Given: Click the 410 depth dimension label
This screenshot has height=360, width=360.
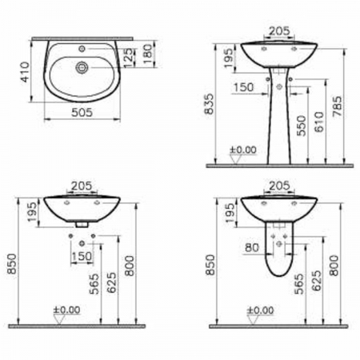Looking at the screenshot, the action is (x=25, y=72).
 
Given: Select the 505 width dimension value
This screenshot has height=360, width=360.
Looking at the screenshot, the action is (x=82, y=112).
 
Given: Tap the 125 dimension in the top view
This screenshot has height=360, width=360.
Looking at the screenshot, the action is (x=128, y=58).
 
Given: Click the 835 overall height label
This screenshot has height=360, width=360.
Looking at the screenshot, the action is (x=210, y=104).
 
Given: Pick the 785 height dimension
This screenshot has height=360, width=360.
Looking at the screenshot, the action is (x=337, y=106).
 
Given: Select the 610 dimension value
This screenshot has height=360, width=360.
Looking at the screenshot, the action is (x=319, y=122).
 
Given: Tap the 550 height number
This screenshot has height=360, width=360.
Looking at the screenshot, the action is (x=302, y=126).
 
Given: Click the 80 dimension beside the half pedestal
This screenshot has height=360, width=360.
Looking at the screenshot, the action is (x=252, y=247).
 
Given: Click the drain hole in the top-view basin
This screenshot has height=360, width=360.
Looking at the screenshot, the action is (x=82, y=67).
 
